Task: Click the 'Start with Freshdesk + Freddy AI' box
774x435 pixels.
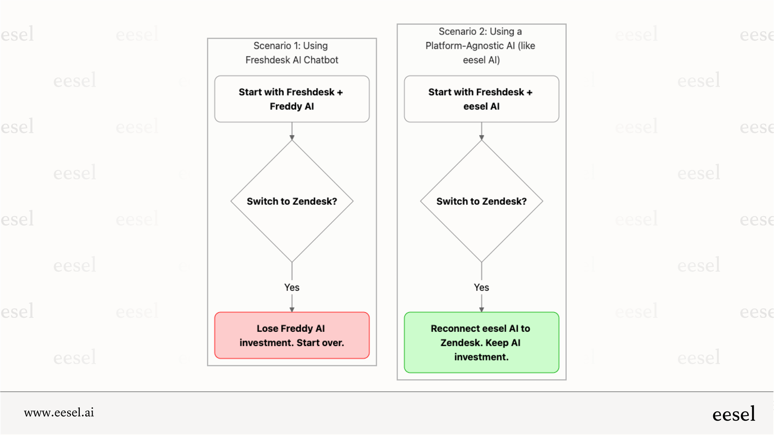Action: (x=292, y=99)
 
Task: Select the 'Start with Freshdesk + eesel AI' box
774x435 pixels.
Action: (x=481, y=99)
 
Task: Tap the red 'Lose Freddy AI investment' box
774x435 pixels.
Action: (x=292, y=335)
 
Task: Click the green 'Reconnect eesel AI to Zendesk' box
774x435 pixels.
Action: (x=481, y=342)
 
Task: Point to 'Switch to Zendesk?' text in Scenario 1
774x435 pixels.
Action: (x=292, y=201)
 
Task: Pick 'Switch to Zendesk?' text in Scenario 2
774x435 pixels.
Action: (x=481, y=201)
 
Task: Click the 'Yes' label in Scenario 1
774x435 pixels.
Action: (x=292, y=287)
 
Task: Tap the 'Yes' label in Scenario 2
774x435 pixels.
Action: (x=481, y=287)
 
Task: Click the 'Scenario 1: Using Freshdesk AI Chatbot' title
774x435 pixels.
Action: (x=292, y=52)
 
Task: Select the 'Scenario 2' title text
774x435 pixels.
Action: (x=480, y=31)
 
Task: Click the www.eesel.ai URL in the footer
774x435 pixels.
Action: (x=59, y=412)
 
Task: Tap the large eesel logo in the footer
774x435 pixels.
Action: (x=733, y=414)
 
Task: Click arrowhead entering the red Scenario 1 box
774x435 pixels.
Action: (x=292, y=310)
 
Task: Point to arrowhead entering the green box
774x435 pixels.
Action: (x=481, y=310)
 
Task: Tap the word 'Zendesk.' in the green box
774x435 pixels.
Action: (x=461, y=342)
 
